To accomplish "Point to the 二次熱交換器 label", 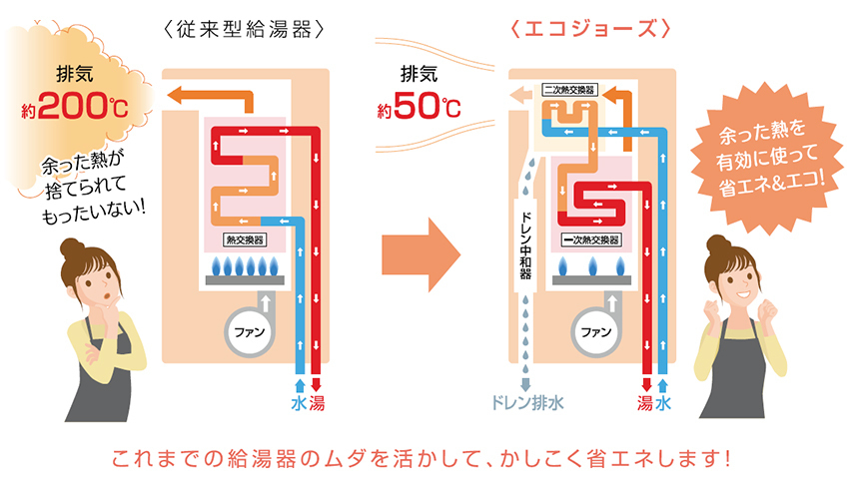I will pyautogui.click(x=570, y=90).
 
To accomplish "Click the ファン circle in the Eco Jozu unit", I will pyautogui.click(x=595, y=331).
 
